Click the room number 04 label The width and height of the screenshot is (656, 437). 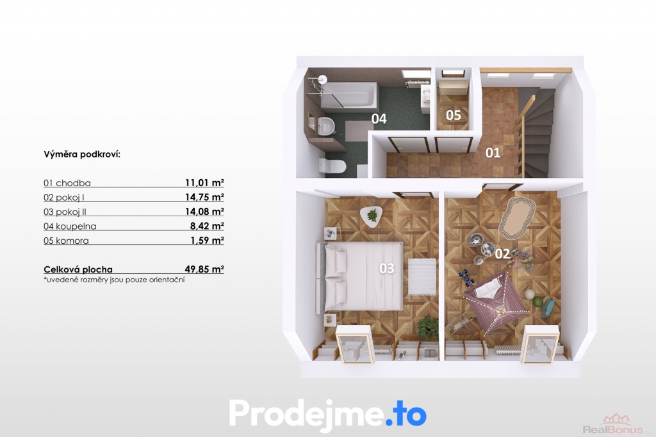click(x=379, y=118)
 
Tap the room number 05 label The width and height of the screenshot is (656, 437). click(x=454, y=115)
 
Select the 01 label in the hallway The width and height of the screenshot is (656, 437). click(x=493, y=153)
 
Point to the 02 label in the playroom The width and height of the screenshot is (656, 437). click(x=502, y=253)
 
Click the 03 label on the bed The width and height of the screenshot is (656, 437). click(x=386, y=268)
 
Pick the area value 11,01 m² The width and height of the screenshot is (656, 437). click(x=204, y=182)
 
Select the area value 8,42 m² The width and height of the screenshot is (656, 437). click(x=207, y=226)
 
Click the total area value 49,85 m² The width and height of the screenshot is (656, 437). click(x=204, y=269)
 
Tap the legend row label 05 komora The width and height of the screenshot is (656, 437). click(x=66, y=241)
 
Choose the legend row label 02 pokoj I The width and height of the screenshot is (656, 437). click(x=64, y=197)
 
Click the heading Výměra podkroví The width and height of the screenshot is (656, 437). click(x=82, y=154)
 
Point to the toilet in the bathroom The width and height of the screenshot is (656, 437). click(x=332, y=166)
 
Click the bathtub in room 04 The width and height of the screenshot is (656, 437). click(x=348, y=95)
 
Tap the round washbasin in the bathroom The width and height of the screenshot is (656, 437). click(x=325, y=125)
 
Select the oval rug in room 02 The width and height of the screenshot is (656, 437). click(x=517, y=218)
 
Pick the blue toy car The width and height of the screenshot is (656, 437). click(x=466, y=278)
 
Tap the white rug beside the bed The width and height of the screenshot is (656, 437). click(x=422, y=276)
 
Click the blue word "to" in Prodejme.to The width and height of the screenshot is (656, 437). click(x=411, y=413)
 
